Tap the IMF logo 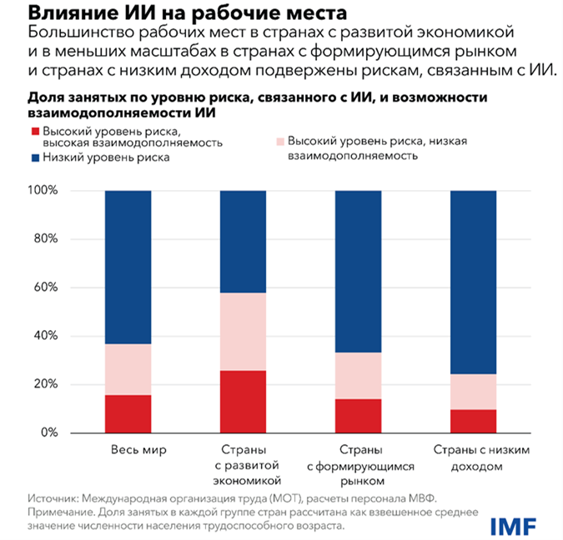pos(513,525)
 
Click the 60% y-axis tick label pos(46,287)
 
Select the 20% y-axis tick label pos(46,385)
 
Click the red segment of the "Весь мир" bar pos(128,413)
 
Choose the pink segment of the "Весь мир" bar pos(128,369)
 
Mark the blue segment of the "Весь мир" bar pos(128,267)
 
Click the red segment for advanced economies pos(243,402)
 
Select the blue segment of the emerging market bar pos(358,271)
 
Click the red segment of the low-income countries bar pos(473,421)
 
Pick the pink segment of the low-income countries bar pos(473,392)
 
